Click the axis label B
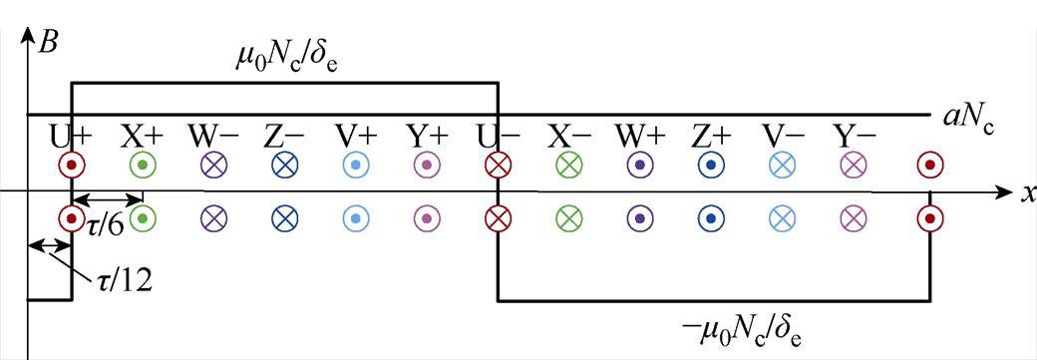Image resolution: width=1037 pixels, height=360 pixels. tap(46, 42)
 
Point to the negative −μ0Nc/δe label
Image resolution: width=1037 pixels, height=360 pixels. tap(737, 325)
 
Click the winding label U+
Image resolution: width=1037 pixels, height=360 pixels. tap(71, 133)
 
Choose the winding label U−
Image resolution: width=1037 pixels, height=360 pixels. tap(498, 133)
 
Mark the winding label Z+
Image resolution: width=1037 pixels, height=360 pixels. tap(711, 133)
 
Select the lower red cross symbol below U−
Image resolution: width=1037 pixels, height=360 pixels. tap(498, 216)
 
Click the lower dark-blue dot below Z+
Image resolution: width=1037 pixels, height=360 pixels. tap(711, 216)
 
